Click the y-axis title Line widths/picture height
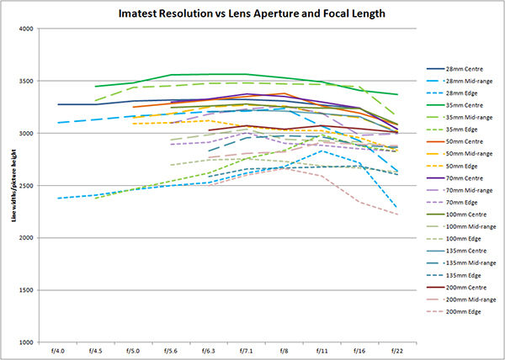tap(15, 186)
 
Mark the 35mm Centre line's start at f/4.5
tap(95, 87)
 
